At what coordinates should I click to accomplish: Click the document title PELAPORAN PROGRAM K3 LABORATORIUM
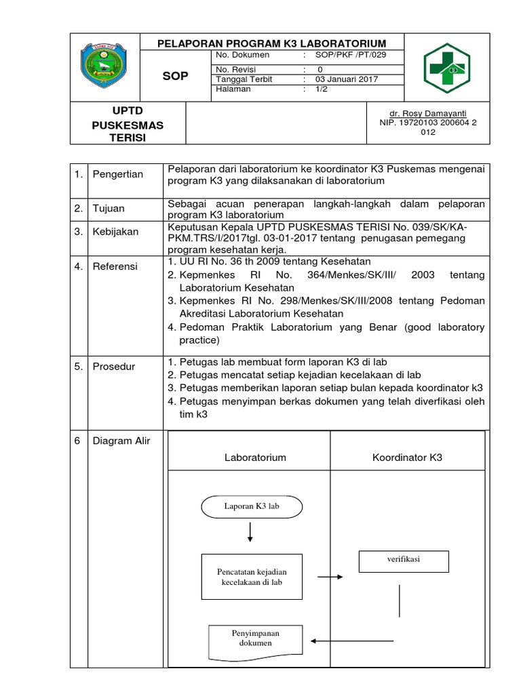pos(271,43)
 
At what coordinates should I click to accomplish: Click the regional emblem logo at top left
pos(108,68)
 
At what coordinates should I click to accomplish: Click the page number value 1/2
pos(321,89)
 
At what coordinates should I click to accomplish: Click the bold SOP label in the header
pos(175,76)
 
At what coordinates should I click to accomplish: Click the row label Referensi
pos(115,267)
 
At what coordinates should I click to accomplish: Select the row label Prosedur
pos(114,367)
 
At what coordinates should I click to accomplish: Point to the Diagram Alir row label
pos(122,441)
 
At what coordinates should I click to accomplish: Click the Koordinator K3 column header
pos(407,457)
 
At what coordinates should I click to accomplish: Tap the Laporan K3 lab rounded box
pos(252,506)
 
